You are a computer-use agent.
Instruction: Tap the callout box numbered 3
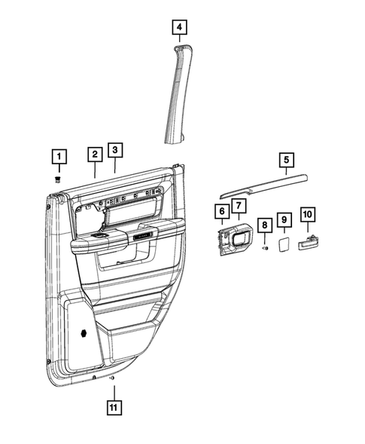tap(114, 149)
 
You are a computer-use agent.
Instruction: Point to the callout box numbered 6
tap(222, 213)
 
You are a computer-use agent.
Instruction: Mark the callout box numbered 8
tap(265, 225)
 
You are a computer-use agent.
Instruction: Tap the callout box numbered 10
tap(307, 215)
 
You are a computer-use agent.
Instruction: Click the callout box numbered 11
tap(112, 410)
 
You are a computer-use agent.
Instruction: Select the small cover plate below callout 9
tap(284, 244)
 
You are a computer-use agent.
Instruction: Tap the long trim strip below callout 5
tap(263, 182)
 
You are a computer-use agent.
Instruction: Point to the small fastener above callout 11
tap(112, 376)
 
